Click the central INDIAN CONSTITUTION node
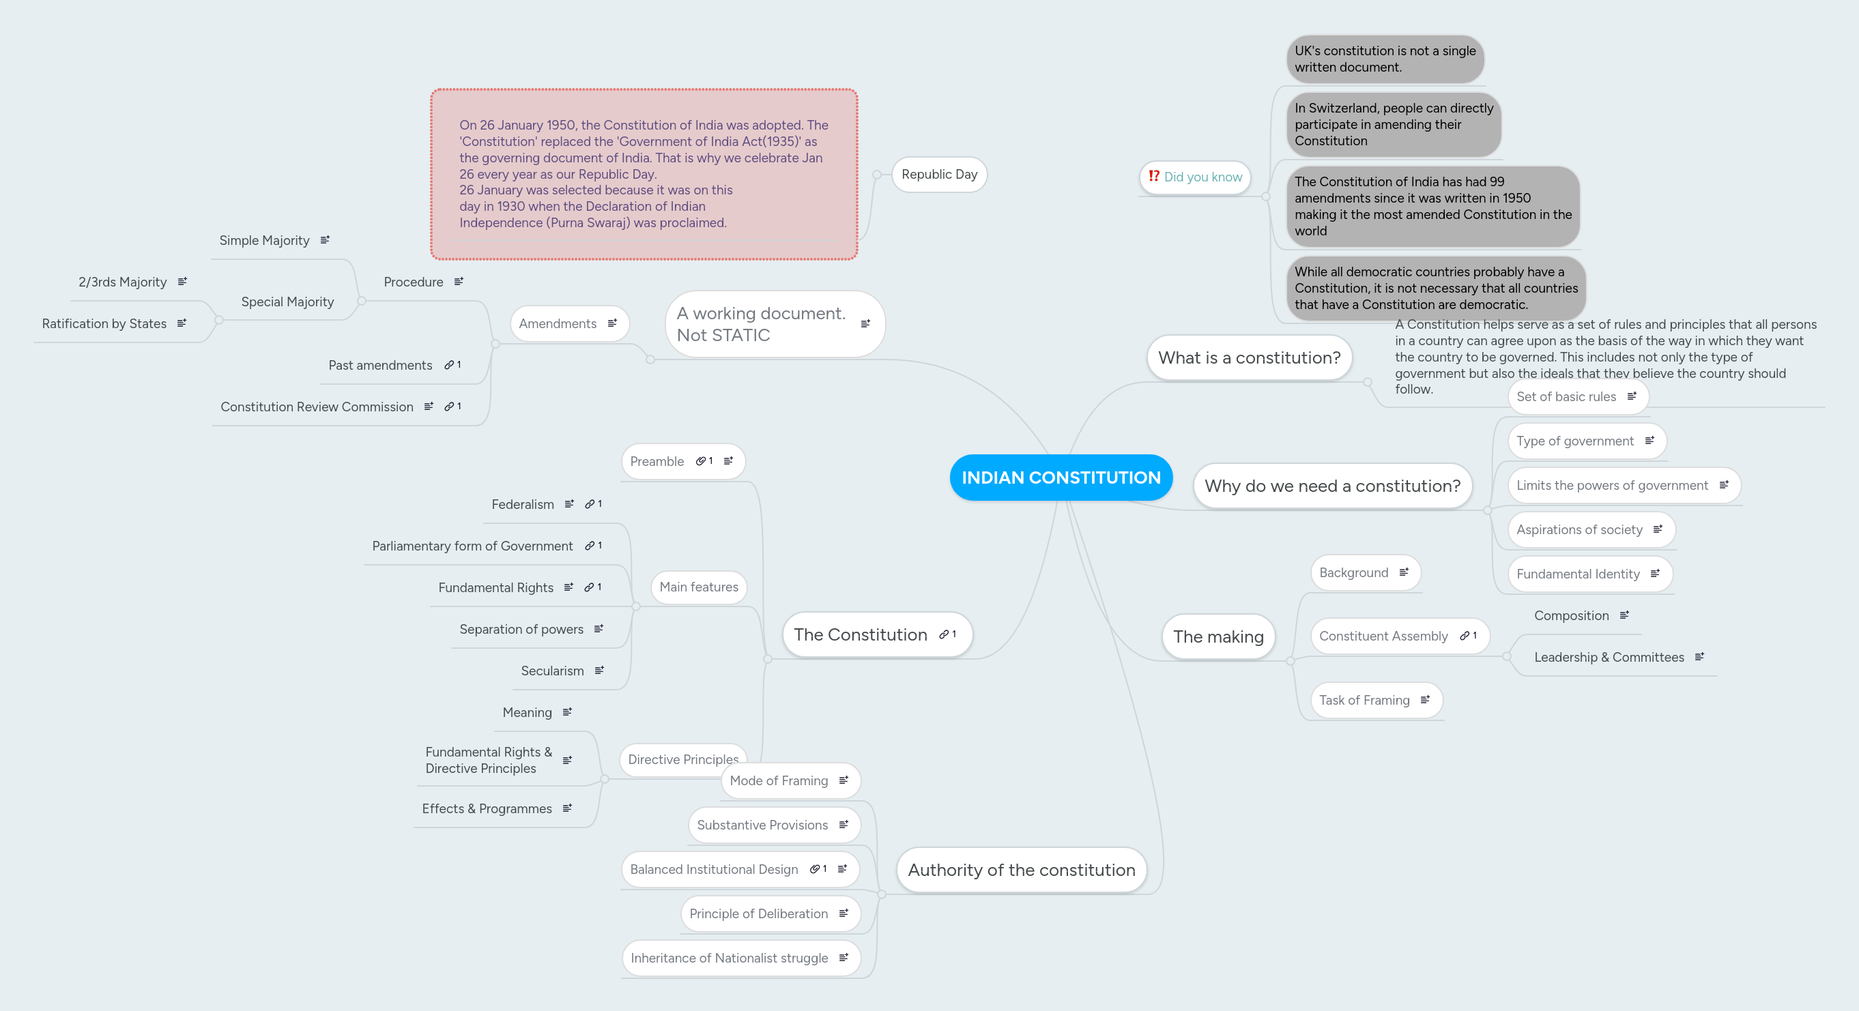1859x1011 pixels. [1060, 477]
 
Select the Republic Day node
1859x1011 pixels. [939, 174]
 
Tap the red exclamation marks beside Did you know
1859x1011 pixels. [1153, 176]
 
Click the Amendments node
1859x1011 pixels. [558, 323]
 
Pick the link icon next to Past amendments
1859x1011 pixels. [449, 365]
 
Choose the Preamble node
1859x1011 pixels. [656, 461]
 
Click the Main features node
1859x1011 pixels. [698, 587]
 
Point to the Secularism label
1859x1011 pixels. [552, 671]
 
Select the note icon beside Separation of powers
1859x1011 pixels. [599, 628]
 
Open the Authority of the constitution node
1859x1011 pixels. [1020, 870]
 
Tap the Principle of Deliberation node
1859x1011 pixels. [758, 913]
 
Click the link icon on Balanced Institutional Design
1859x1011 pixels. [815, 869]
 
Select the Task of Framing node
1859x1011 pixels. [1364, 700]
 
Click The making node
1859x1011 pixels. [1217, 636]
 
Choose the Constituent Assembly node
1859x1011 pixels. [1383, 636]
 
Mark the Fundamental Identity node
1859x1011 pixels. [1578, 574]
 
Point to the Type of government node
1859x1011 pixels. [1574, 441]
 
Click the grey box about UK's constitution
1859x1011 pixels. [1384, 59]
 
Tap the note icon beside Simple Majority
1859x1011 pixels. [325, 239]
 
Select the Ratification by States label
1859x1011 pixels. [104, 323]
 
